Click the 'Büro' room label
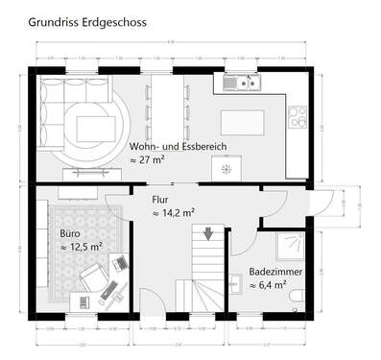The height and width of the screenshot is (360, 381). pos(70,233)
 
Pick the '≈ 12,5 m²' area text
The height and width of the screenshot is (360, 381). pos(82,248)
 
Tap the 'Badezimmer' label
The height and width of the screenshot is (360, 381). pos(276,272)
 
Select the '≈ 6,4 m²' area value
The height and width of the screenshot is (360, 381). pos(268,285)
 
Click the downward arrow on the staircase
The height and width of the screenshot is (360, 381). pos(207,233)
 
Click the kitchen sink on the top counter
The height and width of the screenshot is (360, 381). pos(240,83)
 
